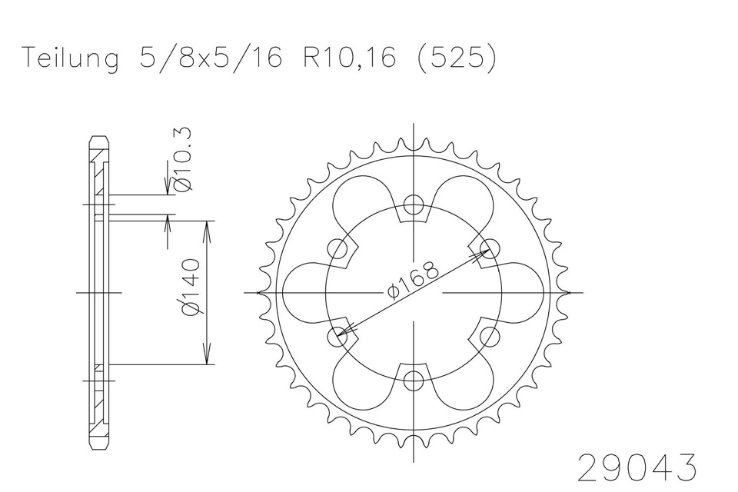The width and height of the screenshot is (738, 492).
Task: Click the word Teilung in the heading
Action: [x=71, y=59]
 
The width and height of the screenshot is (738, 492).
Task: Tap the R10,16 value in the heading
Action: [x=349, y=58]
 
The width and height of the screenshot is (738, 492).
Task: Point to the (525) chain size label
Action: [x=457, y=58]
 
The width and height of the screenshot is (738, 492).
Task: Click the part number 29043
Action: [x=637, y=467]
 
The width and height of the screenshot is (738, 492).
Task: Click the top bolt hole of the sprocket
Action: [x=414, y=205]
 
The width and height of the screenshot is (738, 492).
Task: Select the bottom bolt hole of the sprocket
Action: [x=414, y=380]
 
